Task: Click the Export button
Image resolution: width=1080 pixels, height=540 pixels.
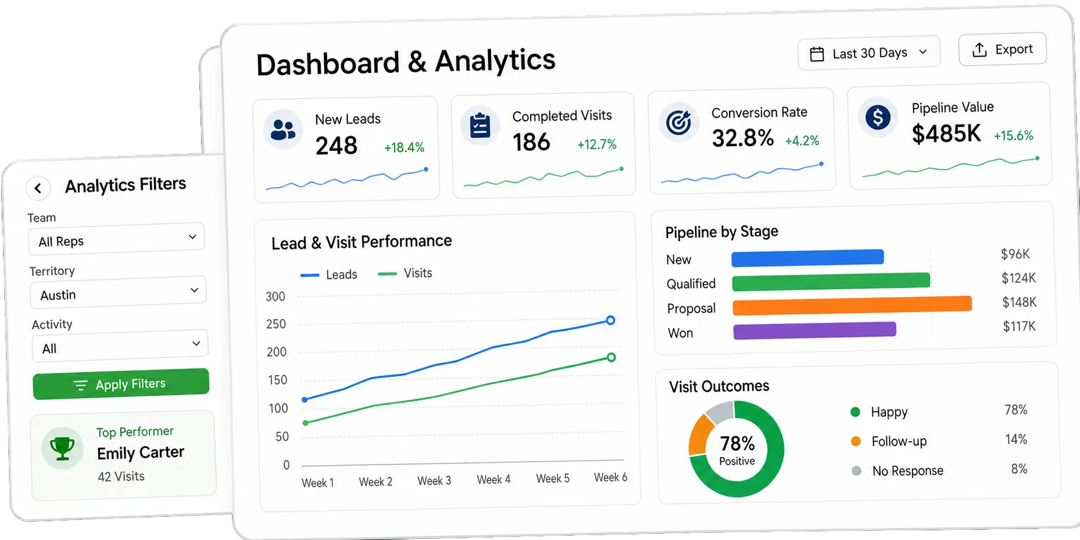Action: point(1003,49)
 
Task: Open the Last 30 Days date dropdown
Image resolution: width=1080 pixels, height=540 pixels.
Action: point(869,54)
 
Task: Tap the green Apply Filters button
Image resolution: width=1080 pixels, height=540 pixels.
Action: point(121,384)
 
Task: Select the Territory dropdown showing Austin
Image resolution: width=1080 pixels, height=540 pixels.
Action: point(118,293)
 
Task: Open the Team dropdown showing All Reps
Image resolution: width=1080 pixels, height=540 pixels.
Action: point(116,240)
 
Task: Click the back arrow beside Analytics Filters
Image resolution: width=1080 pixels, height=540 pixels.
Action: point(38,188)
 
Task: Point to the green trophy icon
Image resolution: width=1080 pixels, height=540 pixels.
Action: point(62,449)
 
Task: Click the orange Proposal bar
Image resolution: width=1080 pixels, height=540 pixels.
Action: point(852,305)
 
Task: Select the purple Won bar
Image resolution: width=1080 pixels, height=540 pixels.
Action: point(815,330)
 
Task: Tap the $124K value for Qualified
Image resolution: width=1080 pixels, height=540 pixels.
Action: point(1018,278)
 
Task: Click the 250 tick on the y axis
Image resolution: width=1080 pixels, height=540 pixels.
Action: point(276,324)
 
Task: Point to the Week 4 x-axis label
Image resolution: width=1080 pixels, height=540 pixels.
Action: point(493,480)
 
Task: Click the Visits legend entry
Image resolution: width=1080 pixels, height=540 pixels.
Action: point(405,273)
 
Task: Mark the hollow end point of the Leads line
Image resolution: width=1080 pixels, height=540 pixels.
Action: point(610,320)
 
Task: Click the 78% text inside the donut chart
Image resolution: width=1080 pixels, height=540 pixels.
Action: point(737,443)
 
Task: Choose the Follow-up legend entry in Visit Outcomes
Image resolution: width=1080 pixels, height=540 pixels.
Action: point(889,441)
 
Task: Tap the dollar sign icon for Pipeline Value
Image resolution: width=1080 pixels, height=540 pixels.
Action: point(878,117)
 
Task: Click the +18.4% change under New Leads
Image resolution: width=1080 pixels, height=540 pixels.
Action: point(404,147)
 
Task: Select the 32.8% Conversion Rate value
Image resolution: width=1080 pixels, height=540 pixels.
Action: point(743,138)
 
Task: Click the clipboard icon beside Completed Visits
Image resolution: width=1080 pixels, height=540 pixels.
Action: point(480,125)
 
